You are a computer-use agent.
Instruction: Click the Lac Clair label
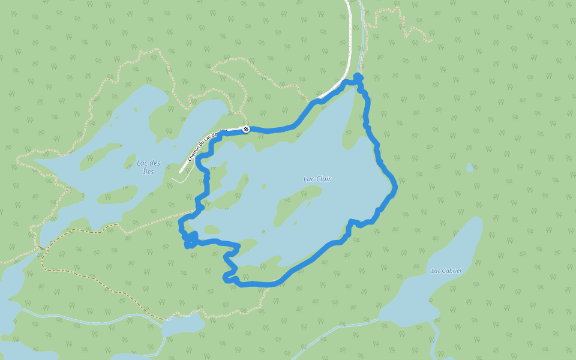317,179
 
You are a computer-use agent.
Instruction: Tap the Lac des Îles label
148,167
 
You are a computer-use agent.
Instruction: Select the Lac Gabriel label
446,271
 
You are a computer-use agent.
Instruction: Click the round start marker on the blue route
246,129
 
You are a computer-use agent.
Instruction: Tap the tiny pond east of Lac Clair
470,168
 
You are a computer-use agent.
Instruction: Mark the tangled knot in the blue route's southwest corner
190,239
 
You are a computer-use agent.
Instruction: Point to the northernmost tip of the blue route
358,76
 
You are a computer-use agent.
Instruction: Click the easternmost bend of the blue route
395,188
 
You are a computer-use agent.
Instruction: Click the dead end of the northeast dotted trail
430,41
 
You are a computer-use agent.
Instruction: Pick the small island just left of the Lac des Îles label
128,161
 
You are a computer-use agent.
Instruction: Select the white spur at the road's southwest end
176,179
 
